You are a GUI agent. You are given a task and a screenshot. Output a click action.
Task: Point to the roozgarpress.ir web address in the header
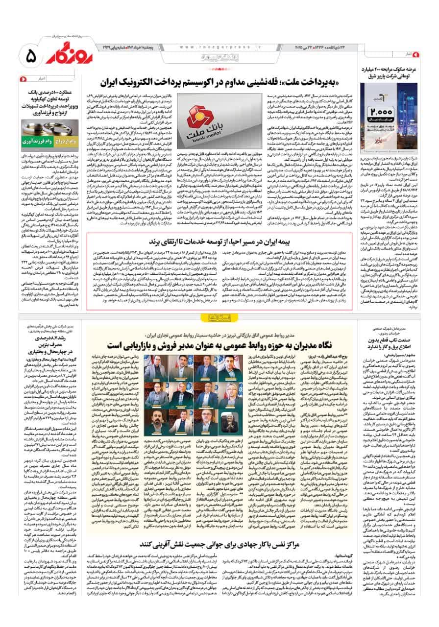tap(211, 47)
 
